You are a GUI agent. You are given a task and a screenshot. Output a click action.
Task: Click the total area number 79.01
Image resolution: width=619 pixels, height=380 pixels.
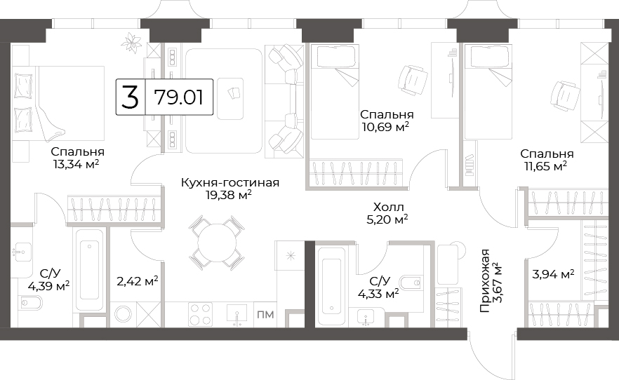(179, 97)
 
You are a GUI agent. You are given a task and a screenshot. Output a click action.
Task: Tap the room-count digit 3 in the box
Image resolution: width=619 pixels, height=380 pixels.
(130, 97)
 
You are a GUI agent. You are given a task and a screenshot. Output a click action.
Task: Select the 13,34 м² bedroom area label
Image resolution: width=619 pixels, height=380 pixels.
(76, 164)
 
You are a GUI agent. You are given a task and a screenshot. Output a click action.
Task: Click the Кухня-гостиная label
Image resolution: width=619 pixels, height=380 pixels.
(230, 182)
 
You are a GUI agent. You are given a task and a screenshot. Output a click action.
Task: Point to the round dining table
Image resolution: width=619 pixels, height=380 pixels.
(216, 243)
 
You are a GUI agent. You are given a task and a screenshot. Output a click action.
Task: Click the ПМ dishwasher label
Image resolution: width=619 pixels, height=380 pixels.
(265, 315)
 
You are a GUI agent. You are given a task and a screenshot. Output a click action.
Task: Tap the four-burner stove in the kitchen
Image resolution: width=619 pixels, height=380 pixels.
(200, 314)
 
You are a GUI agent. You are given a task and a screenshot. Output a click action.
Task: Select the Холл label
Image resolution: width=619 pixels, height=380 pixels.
(389, 207)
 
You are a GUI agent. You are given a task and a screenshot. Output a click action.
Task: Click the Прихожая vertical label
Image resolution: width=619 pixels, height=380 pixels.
(484, 281)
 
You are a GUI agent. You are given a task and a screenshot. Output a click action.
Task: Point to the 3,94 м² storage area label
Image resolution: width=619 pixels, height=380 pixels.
(553, 273)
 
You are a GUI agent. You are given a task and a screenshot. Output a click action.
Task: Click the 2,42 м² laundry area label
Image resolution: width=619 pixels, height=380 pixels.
(138, 281)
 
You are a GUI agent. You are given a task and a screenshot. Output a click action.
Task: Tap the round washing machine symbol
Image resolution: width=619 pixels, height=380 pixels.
(124, 315)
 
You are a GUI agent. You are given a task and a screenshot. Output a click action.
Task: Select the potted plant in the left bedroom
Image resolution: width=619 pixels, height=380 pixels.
(131, 41)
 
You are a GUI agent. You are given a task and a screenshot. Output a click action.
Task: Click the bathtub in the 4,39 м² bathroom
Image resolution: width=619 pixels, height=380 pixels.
(90, 271)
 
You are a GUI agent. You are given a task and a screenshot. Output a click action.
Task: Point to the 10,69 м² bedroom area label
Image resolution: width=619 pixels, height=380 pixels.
(385, 127)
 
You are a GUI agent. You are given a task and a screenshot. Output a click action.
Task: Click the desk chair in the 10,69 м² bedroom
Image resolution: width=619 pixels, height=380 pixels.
(413, 80)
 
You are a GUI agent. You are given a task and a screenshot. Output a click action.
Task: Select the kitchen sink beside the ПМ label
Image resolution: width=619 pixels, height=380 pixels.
(237, 315)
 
